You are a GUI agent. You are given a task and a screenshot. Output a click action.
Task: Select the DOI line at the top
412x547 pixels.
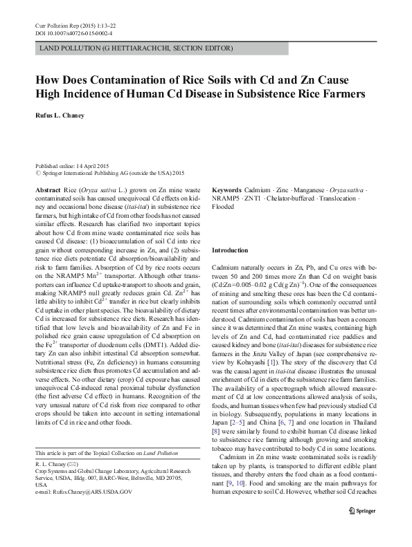pyautogui.click(x=73, y=33)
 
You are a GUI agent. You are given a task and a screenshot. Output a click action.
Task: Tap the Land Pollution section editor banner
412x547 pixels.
pyautogui.click(x=136, y=48)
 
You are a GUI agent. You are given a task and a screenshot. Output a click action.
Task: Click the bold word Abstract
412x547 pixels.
pyautogui.click(x=48, y=189)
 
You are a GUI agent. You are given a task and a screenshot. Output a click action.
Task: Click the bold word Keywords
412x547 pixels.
pyautogui.click(x=228, y=189)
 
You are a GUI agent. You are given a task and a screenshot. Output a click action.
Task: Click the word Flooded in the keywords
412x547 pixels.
pyautogui.click(x=223, y=207)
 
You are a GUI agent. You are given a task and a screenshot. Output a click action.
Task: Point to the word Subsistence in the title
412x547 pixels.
pyautogui.click(x=266, y=93)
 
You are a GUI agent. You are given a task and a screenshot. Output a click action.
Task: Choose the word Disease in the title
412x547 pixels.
pyautogui.click(x=208, y=93)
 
